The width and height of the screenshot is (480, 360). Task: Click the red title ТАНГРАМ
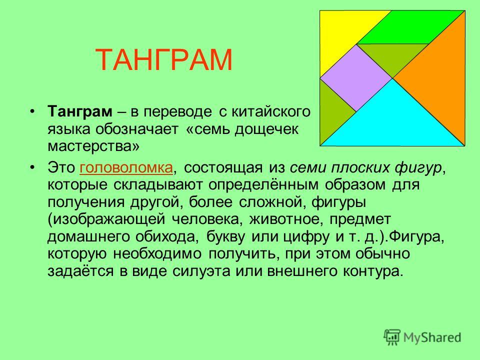[164, 60]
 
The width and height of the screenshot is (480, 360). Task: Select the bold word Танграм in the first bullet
[80, 112]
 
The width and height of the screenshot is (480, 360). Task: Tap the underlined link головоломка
[126, 168]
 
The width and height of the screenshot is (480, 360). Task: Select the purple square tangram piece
[356, 78]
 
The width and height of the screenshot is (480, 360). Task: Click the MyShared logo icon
[392, 337]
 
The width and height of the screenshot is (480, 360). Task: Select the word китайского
[270, 112]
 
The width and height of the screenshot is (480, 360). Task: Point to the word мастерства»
[93, 146]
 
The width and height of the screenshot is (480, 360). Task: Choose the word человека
[207, 219]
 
